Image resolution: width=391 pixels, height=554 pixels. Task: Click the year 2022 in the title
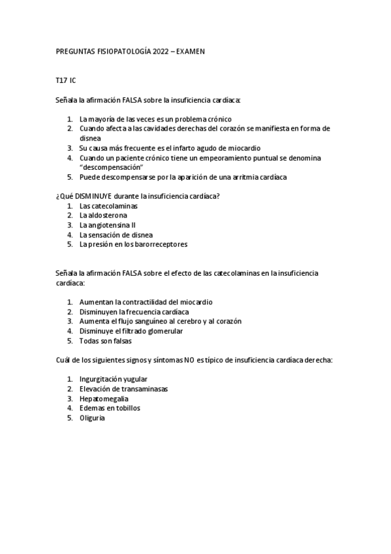(x=161, y=50)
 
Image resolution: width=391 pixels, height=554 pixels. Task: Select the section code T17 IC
(x=65, y=80)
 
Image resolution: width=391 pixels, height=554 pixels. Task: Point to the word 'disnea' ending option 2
(x=90, y=138)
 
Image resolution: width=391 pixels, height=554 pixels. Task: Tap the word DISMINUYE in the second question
(x=89, y=196)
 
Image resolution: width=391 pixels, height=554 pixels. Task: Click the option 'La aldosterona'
(x=103, y=215)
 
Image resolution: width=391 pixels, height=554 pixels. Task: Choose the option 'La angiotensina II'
(x=108, y=225)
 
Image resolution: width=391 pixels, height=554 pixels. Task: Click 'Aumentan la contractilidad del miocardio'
(x=146, y=302)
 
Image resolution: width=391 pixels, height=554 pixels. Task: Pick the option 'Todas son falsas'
(x=105, y=340)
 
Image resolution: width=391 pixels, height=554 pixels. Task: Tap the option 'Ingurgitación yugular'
(x=113, y=379)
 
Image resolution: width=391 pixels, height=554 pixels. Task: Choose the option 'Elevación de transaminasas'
(x=123, y=389)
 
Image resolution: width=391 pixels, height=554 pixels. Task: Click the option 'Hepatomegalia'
(x=104, y=398)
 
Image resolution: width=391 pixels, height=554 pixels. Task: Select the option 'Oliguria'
(x=92, y=417)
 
